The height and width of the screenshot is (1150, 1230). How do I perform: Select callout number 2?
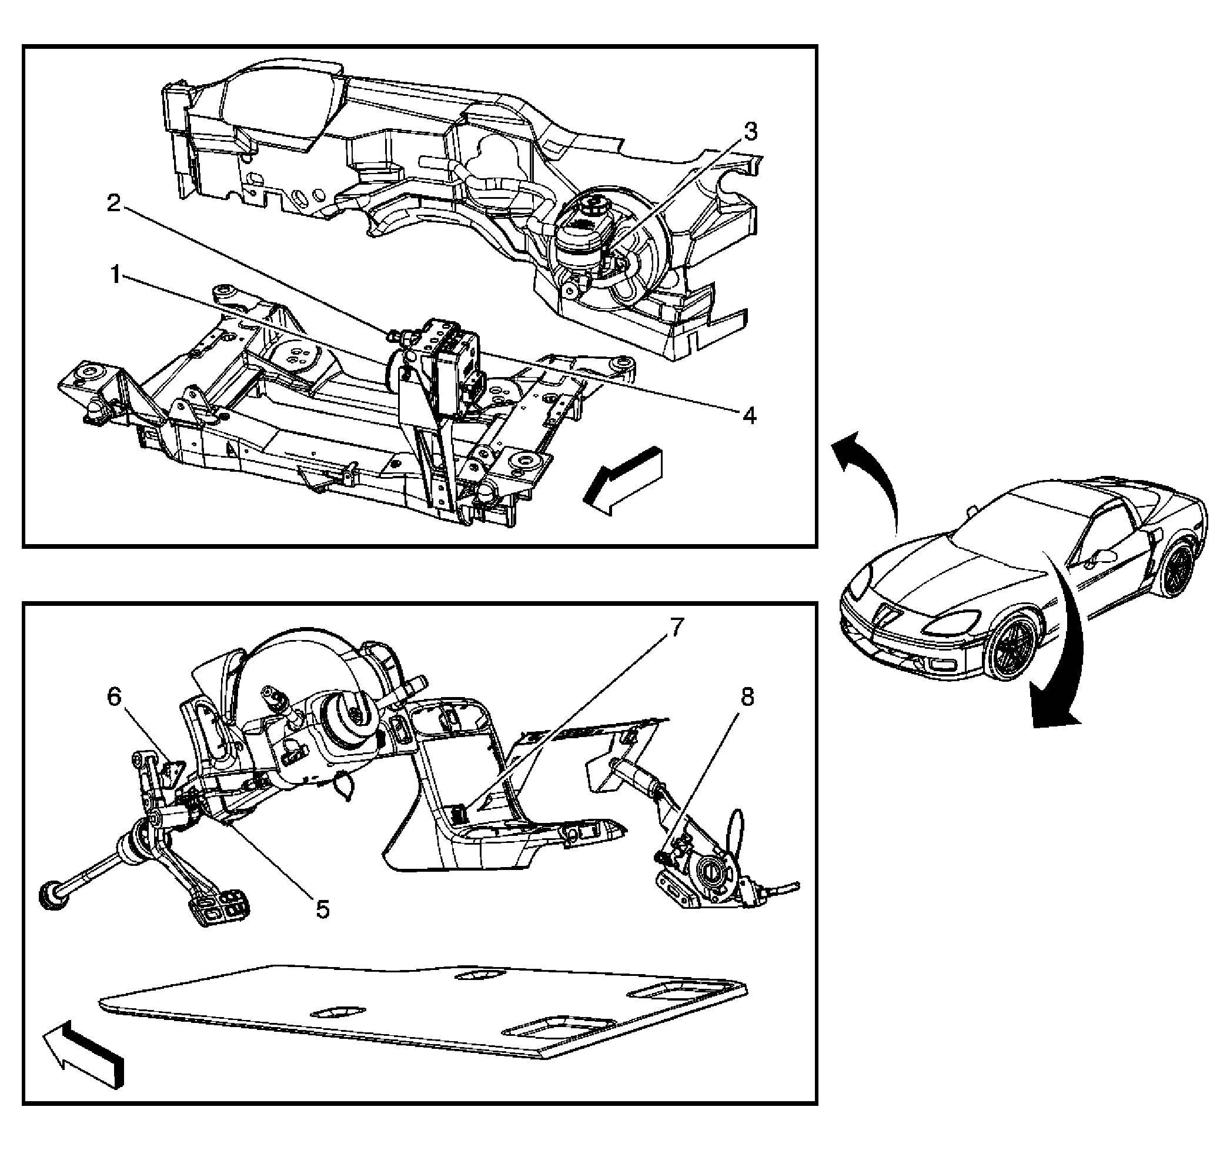[114, 202]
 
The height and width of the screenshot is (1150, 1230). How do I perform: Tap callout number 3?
[750, 132]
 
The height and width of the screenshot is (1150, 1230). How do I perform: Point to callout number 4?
[749, 415]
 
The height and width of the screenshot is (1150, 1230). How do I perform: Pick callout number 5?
[322, 909]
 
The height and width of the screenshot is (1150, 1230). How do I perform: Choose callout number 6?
[115, 697]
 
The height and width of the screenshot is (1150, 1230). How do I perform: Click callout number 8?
[747, 698]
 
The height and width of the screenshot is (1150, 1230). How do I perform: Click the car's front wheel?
[1011, 645]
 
